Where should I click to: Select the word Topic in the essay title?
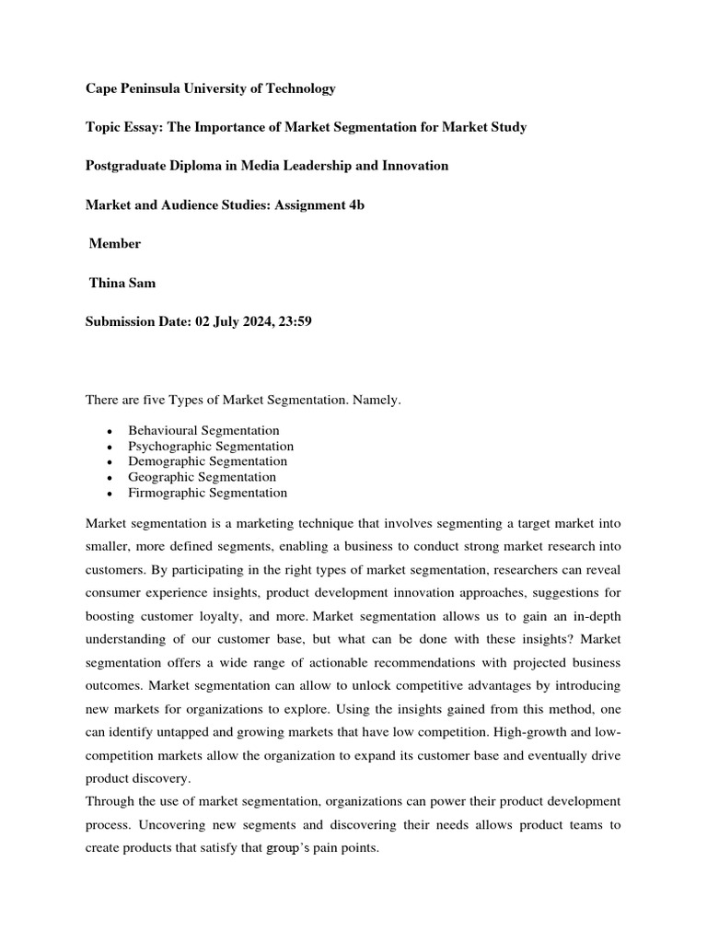click(104, 127)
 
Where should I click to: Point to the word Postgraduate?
click(126, 166)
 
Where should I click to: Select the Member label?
click(114, 243)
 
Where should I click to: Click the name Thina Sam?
click(122, 283)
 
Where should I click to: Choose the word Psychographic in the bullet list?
click(170, 446)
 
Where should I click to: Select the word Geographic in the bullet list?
click(162, 477)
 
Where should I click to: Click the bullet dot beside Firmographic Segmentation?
click(110, 494)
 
